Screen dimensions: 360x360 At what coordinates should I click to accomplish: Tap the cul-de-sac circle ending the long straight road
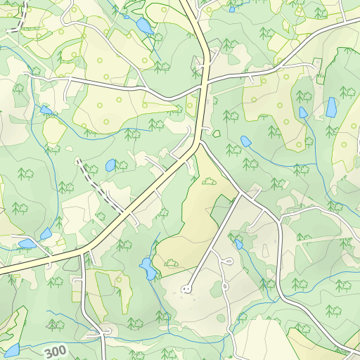pyautogui.click(x=186, y=288)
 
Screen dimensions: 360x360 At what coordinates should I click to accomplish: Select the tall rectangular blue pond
pyautogui.click(x=330, y=108)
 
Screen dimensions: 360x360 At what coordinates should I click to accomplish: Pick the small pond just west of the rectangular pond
pyautogui.click(x=303, y=112)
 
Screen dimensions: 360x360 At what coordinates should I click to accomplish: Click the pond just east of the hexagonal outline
pyautogui.click(x=246, y=141)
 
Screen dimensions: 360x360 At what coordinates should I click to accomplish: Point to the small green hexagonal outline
pyautogui.click(x=217, y=133)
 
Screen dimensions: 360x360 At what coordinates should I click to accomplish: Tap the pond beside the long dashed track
pyautogui.click(x=110, y=165)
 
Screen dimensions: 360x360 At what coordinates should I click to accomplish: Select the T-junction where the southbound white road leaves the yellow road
pyautogui.click(x=85, y=251)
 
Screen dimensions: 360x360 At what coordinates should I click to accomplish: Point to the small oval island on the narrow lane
pyautogui.click(x=106, y=330)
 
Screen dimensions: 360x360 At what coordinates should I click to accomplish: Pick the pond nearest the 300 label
pyautogui.click(x=11, y=349)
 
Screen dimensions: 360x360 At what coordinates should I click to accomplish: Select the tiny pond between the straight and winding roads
pyautogui.click(x=239, y=244)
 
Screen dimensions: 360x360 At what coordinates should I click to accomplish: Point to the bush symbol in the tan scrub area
pyautogui.click(x=208, y=181)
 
